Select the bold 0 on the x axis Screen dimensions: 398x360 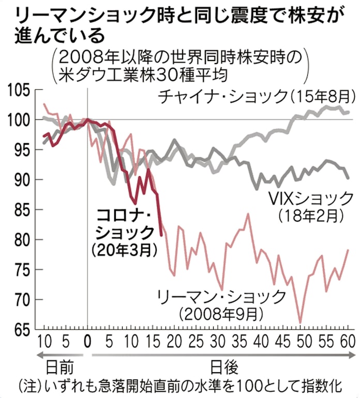click(x=87, y=341)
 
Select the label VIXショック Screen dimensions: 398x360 click(x=311, y=198)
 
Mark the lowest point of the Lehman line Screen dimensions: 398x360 click(x=299, y=323)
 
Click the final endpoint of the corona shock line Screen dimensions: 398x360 click(x=162, y=235)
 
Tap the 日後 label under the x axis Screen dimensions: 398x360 click(x=223, y=368)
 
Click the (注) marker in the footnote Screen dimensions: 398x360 click(x=28, y=386)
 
